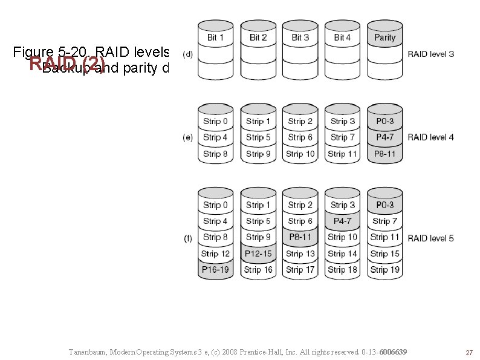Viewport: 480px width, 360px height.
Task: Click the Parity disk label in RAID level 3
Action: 384,38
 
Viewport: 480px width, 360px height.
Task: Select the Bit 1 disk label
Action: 216,38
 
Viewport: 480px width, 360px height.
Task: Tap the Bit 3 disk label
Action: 300,38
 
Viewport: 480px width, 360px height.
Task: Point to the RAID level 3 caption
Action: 431,54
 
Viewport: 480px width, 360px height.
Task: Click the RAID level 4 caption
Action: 431,137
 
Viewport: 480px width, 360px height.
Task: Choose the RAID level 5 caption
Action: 431,238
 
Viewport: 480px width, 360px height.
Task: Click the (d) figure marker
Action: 188,54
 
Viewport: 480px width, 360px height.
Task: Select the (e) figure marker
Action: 188,137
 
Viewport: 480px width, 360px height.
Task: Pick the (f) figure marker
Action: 188,238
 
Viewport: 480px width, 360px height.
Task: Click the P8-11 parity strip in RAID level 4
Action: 384,154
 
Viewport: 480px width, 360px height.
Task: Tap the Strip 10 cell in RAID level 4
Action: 300,154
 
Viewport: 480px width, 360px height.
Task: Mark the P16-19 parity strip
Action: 216,270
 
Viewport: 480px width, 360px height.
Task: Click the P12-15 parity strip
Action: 258,254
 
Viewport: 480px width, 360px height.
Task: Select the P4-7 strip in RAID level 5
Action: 342,221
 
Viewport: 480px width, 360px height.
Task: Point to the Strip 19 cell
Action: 384,270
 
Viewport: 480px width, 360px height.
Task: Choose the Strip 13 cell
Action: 300,254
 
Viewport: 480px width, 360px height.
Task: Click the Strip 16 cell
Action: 258,270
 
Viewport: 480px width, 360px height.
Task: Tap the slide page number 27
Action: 468,353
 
